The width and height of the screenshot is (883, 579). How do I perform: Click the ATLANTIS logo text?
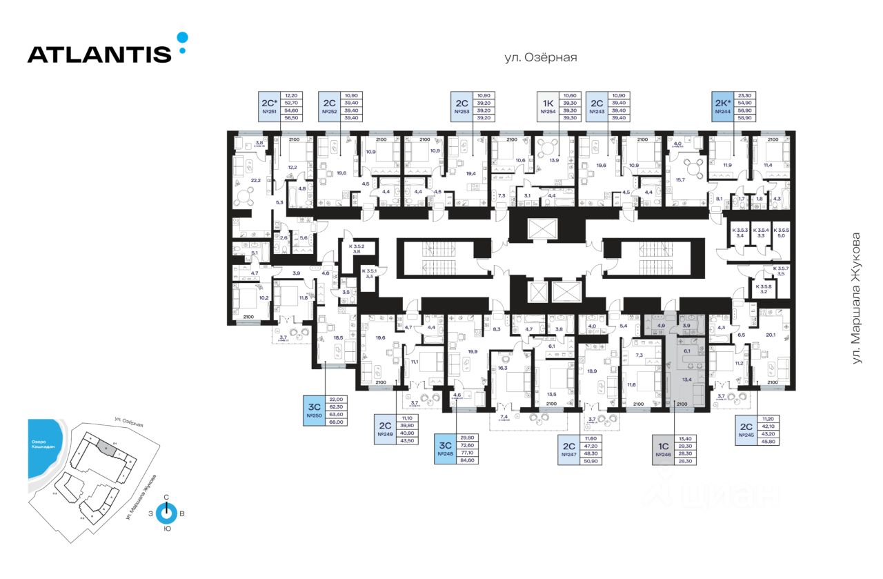pyautogui.click(x=99, y=55)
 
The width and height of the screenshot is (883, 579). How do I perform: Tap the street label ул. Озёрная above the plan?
pyautogui.click(x=540, y=58)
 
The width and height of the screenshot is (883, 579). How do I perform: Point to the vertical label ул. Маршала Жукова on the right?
pyautogui.click(x=857, y=298)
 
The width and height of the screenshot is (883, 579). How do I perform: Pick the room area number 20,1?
pyautogui.click(x=770, y=336)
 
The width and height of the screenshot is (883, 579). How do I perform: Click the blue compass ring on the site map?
pyautogui.click(x=166, y=514)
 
